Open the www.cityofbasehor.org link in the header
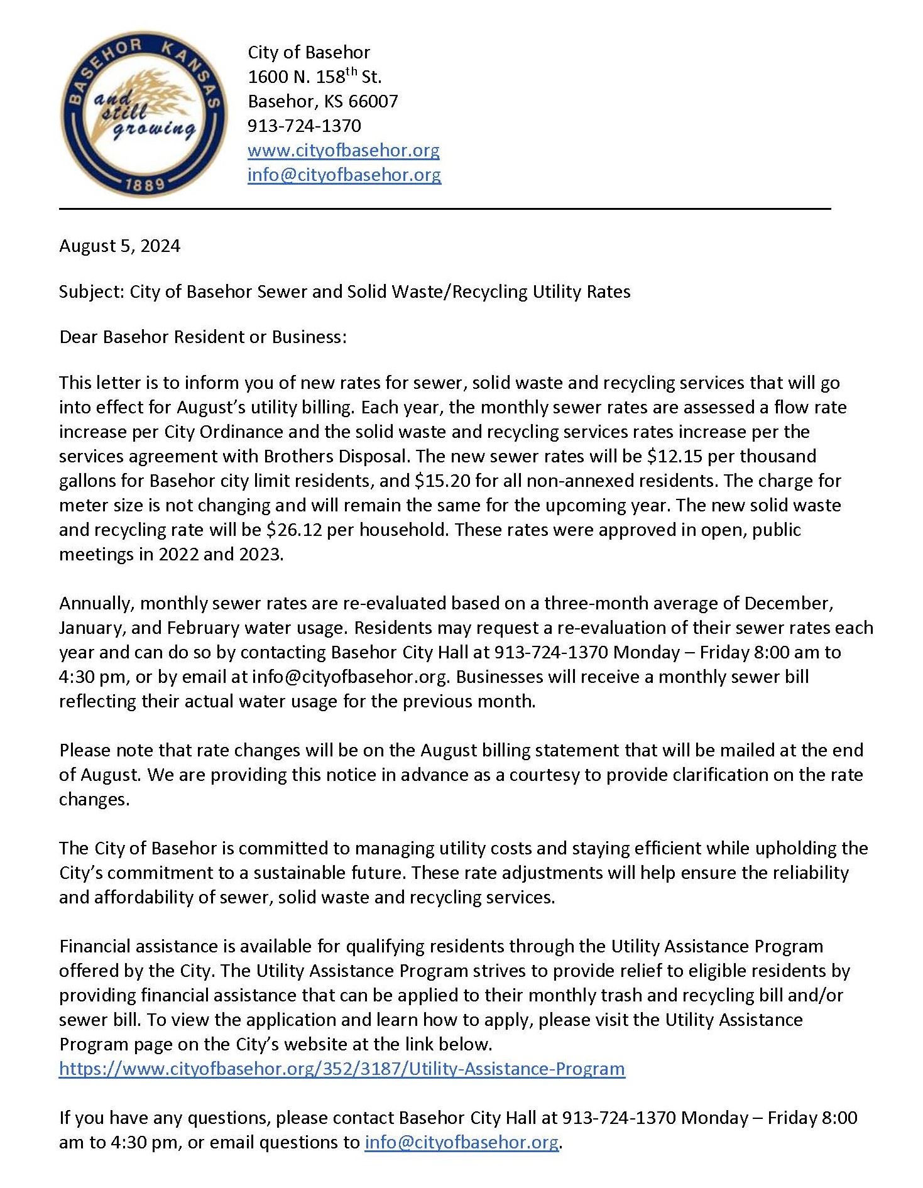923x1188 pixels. coord(343,150)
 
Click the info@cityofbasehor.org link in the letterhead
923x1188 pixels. coord(344,175)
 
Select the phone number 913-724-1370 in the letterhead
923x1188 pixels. coord(304,126)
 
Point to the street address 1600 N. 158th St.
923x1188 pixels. coord(314,77)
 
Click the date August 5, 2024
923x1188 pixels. coord(119,246)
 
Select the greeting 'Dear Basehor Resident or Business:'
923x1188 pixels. coord(202,337)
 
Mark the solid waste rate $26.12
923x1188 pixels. coord(293,530)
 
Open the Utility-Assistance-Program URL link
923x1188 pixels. coord(342,1069)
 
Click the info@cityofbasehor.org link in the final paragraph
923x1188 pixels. coord(461,1142)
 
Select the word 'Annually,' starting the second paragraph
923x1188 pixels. coord(97,603)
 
